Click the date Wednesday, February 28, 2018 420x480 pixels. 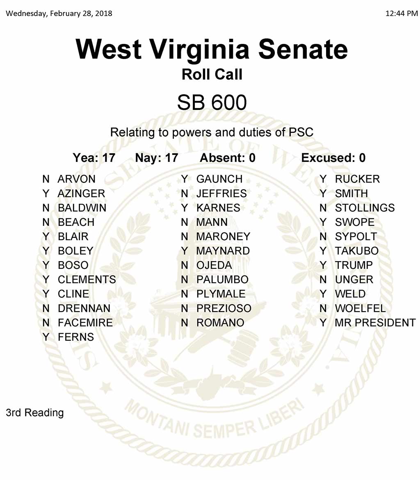pos(59,14)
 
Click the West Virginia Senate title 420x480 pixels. pos(212,49)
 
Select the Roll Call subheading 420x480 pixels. pos(212,74)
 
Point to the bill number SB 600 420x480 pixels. pos(212,102)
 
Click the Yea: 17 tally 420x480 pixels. pos(94,158)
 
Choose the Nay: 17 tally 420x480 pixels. pos(156,158)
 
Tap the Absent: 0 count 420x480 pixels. pos(227,158)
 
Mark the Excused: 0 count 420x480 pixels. pos(333,158)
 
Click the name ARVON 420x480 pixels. pos(77,179)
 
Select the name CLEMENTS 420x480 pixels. pos(87,280)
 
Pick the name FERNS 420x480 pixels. pos(76,337)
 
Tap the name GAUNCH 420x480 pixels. pos(219,179)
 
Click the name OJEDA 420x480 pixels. pos(214,265)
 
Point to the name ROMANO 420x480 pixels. pos(220,323)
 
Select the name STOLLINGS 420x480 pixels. pos(365,208)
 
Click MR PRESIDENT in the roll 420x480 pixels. pos(375,323)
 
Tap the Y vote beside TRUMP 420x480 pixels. pos(323,265)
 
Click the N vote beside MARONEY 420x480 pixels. pos(185,237)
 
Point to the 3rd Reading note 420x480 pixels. pos(35,412)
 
